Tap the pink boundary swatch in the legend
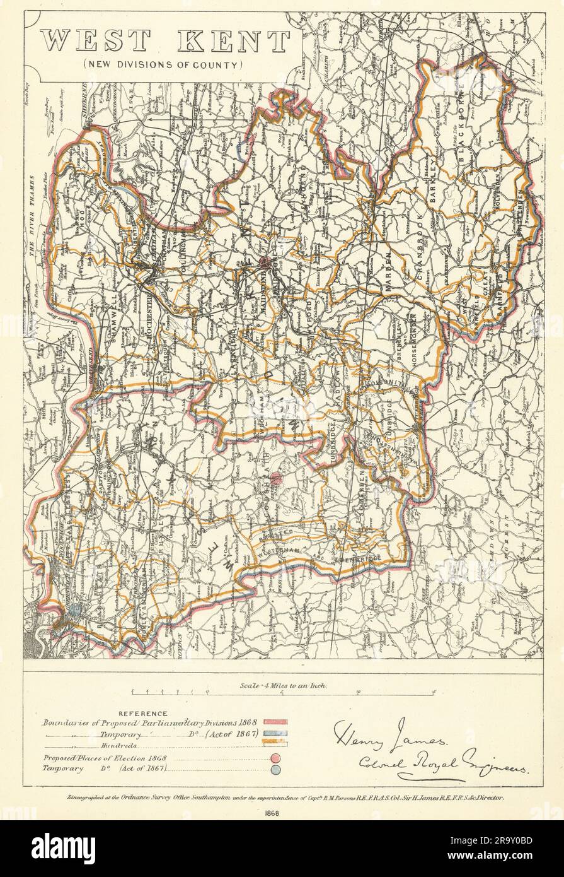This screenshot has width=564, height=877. pos(275,721)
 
